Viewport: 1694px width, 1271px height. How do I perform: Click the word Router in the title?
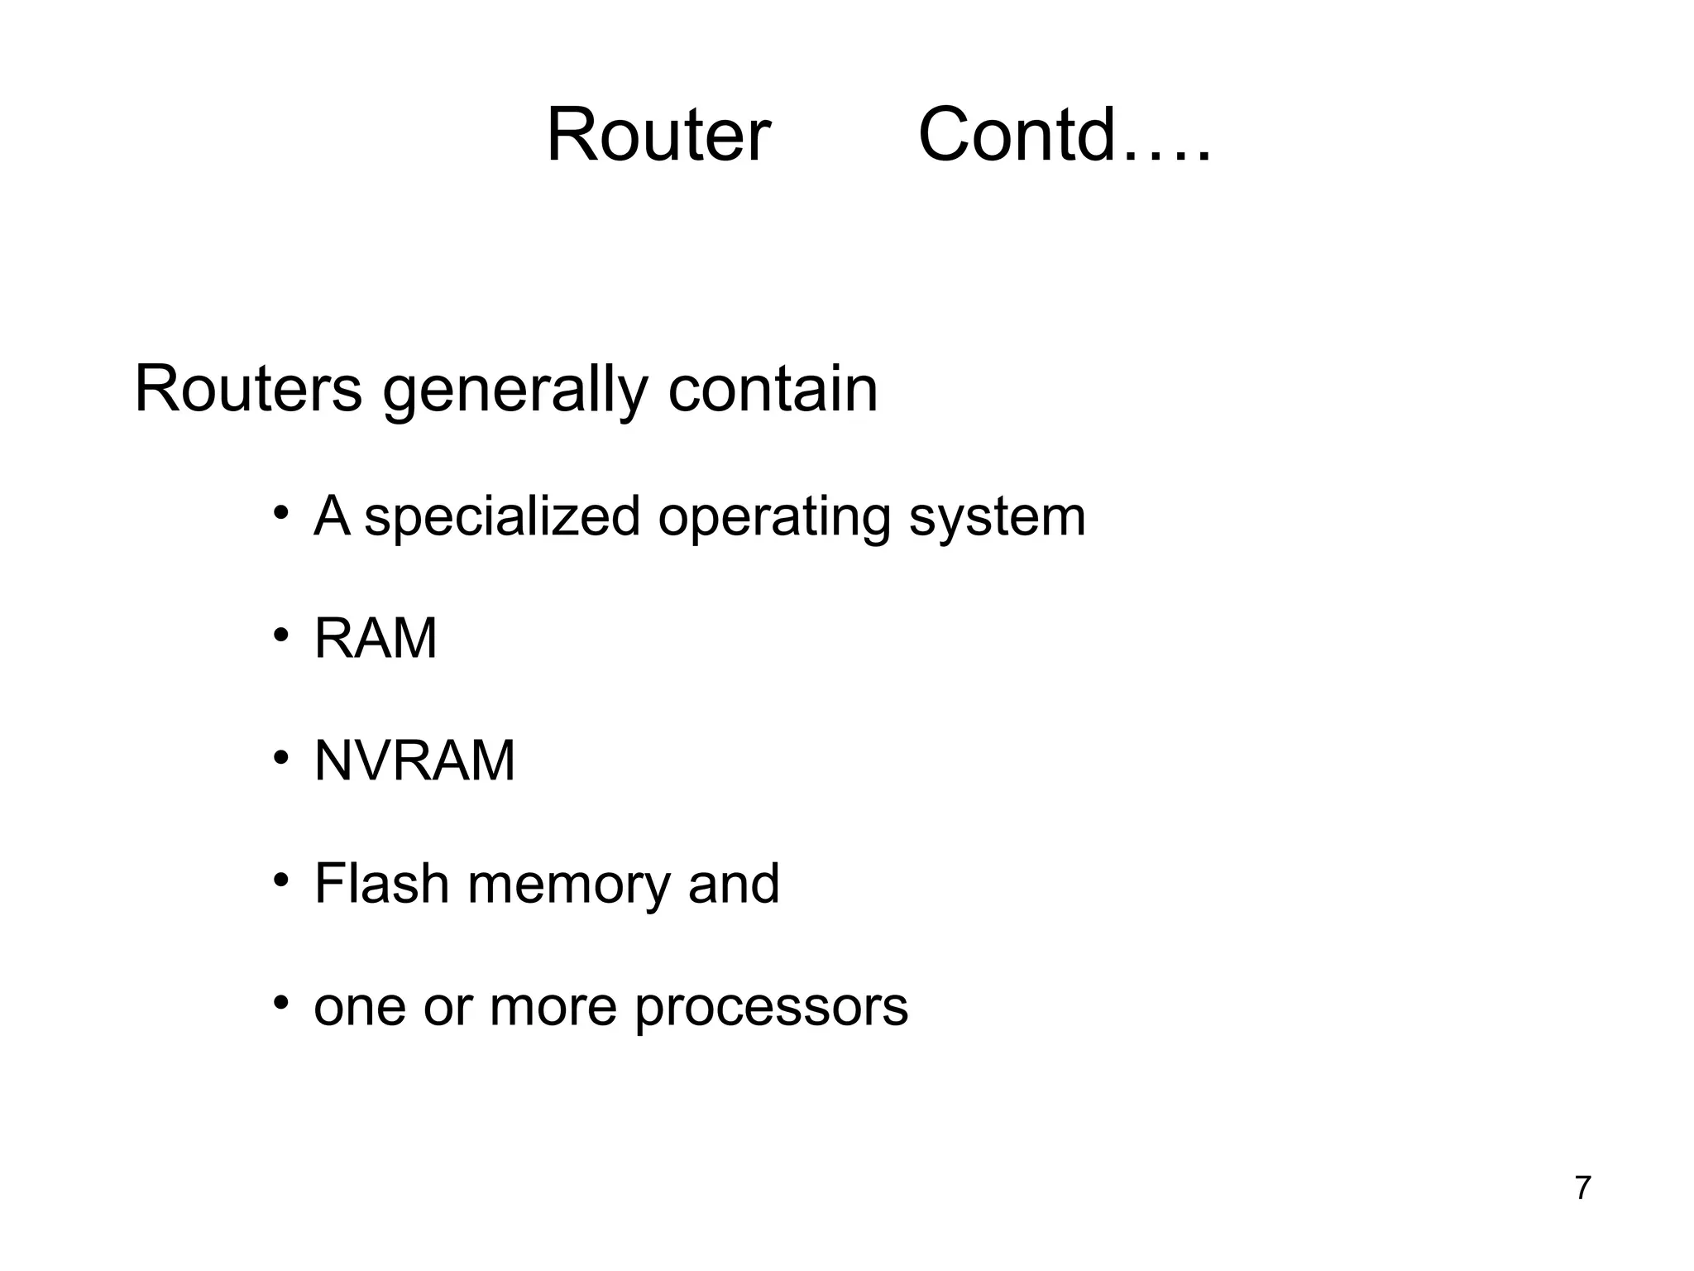658,135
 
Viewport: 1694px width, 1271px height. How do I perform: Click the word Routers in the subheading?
247,389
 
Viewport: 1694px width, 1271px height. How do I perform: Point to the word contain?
773,389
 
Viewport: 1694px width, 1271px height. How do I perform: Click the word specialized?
502,517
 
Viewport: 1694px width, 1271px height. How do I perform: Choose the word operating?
773,517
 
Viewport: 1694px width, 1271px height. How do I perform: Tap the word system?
997,517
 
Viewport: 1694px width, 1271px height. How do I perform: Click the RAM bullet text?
376,639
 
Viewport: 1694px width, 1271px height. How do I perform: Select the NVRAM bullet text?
414,761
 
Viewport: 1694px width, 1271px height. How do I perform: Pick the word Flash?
381,883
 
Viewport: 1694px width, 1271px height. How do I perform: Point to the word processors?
771,1008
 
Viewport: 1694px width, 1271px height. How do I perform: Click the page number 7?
1582,1188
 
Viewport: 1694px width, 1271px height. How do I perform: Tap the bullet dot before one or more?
281,1003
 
